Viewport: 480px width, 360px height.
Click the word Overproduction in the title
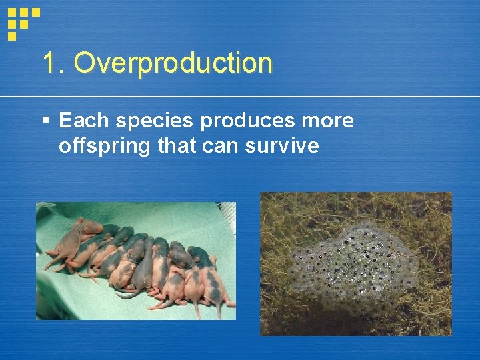(173, 64)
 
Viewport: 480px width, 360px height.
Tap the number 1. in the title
(54, 64)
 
